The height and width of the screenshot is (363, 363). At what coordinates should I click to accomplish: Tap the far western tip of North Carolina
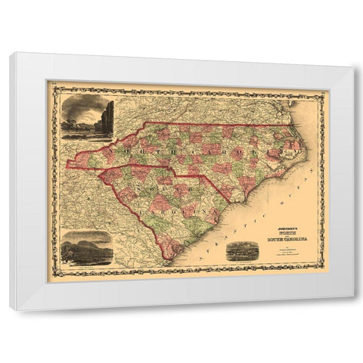pos(68,162)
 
